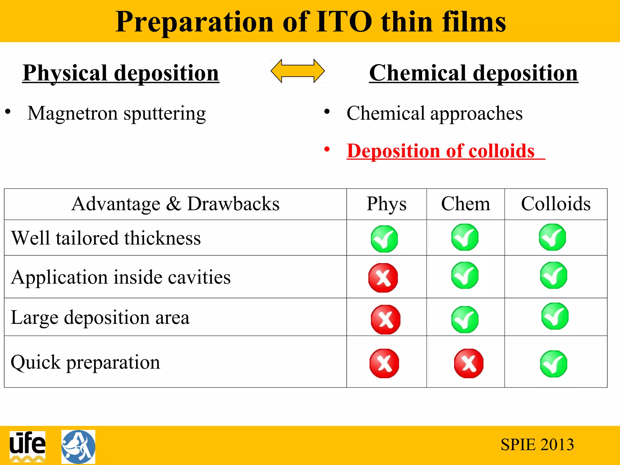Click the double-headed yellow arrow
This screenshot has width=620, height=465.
[x=298, y=71]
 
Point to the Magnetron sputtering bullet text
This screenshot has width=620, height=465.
[x=117, y=114]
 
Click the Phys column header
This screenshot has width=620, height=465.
[x=386, y=204]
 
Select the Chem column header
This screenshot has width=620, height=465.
[x=465, y=204]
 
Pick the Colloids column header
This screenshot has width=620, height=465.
[x=556, y=204]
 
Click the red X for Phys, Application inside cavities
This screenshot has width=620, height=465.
[x=383, y=278]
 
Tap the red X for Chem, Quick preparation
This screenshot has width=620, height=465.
[x=469, y=363]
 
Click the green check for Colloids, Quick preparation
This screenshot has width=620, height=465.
[x=553, y=364]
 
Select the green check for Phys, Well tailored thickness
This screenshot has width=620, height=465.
[x=384, y=239]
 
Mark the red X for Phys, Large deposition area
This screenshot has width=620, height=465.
[x=385, y=319]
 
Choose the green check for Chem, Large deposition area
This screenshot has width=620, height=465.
[x=465, y=319]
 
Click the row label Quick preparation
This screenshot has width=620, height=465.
[x=85, y=362]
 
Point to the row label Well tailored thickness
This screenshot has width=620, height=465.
[x=106, y=238]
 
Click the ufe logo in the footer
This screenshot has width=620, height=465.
[x=28, y=446]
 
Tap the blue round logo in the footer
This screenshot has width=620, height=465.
[x=78, y=447]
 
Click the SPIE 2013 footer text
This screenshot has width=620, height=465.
[x=537, y=445]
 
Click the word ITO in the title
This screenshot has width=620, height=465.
[x=344, y=22]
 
